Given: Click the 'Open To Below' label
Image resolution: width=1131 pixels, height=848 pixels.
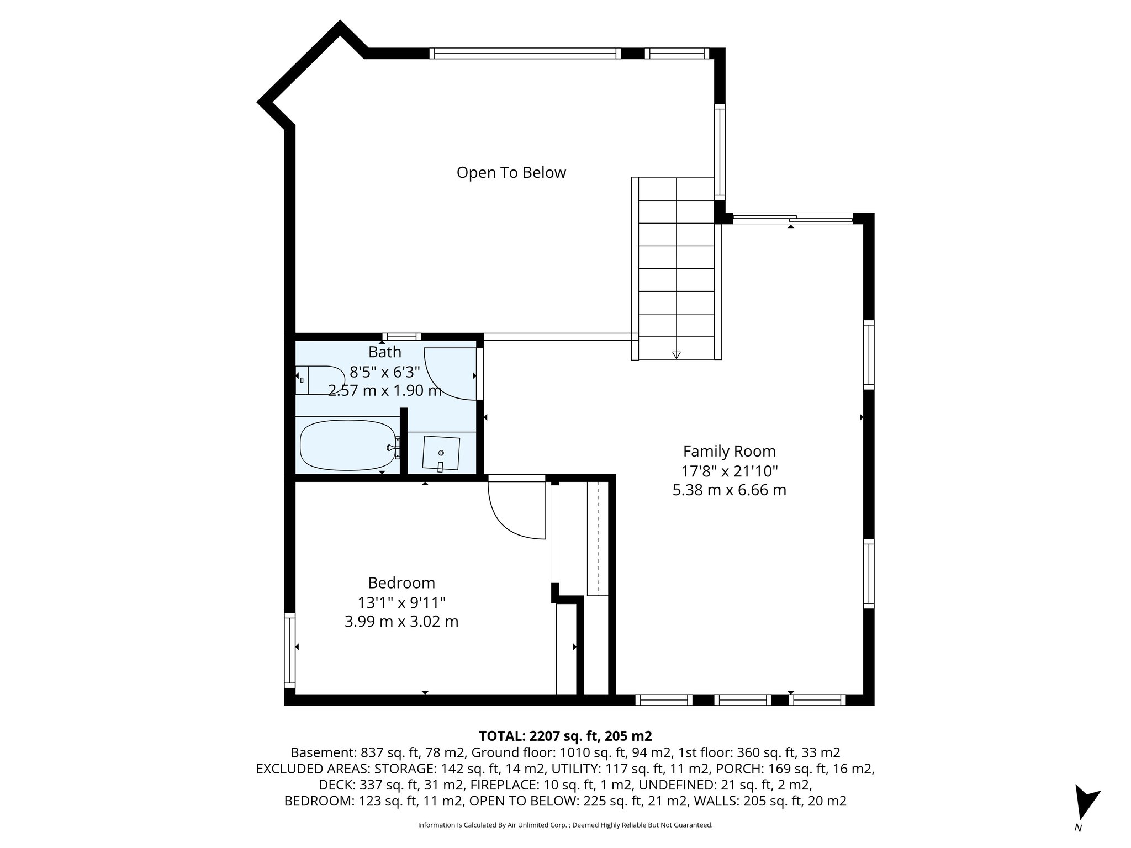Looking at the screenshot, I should pos(511,173).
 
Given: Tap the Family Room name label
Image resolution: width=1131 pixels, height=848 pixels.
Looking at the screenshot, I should pos(729,452).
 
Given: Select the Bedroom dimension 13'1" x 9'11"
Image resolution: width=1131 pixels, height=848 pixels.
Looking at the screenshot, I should pos(401,602).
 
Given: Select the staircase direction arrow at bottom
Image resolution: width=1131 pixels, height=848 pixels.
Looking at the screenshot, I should pos(677,355).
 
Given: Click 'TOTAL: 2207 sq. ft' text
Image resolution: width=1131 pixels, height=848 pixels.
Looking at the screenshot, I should pos(565,736).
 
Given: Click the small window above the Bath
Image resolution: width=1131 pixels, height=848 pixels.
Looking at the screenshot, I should pos(401,337).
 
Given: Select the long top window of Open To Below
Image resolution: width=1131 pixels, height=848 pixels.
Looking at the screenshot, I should pos(525,54).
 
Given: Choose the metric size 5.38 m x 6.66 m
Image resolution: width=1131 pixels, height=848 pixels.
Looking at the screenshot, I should pos(729,490).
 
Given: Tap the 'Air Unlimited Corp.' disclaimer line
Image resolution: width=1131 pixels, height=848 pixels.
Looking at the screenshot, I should pos(565,825).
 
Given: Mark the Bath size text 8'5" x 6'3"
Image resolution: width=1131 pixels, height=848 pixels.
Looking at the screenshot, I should pos(385,372).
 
